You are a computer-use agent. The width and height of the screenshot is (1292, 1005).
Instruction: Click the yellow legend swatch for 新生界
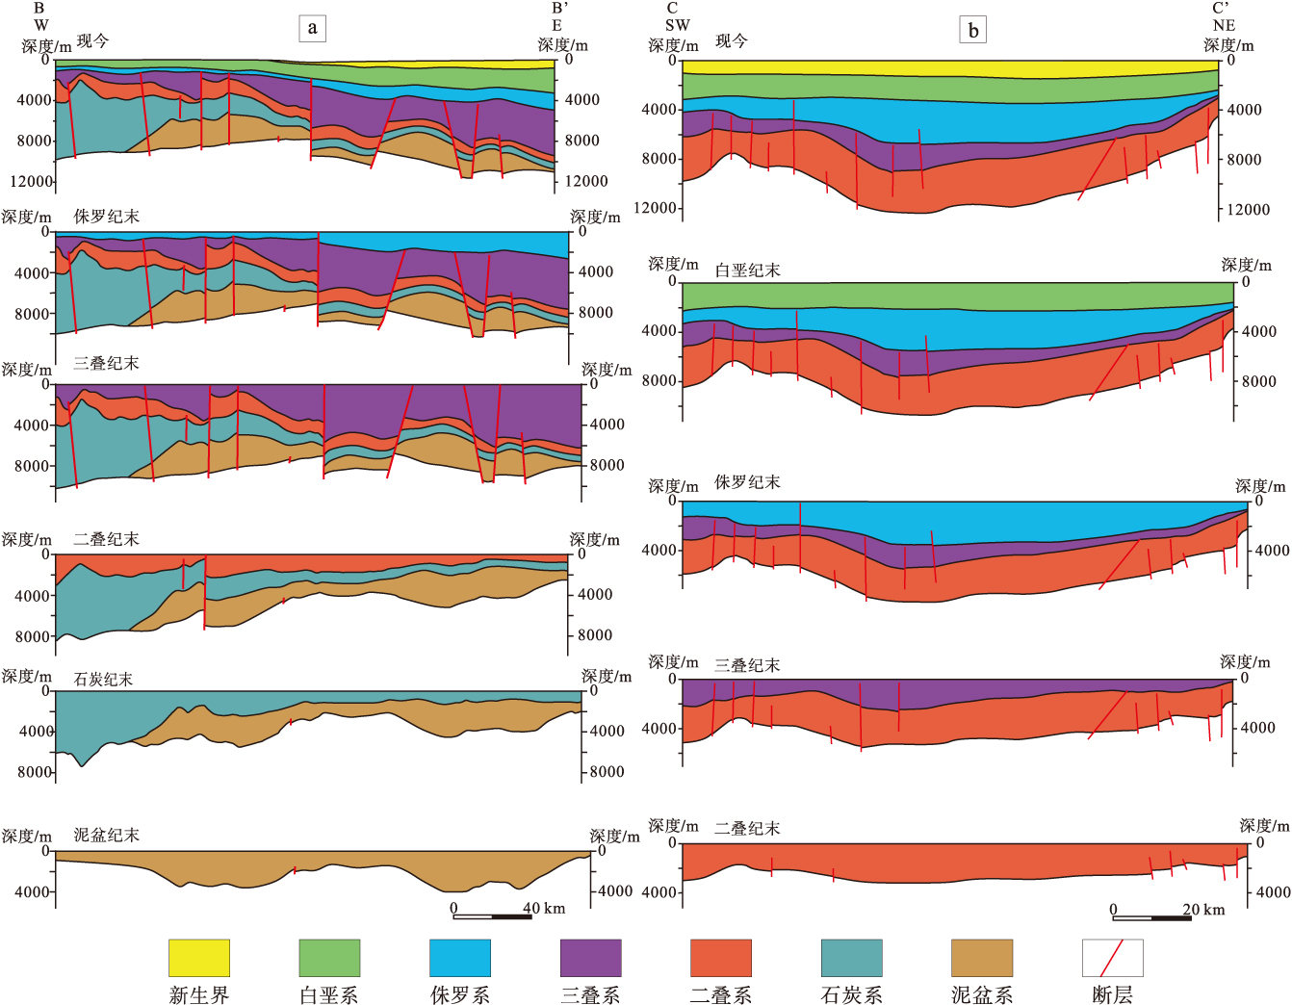point(199,958)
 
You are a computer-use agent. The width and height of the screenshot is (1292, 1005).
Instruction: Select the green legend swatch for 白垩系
point(329,958)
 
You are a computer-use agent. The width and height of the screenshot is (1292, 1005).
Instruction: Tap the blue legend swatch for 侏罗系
point(460,958)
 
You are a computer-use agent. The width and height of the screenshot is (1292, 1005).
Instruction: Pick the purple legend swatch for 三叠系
point(591,958)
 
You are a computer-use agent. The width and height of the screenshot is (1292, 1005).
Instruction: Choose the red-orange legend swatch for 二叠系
point(721,958)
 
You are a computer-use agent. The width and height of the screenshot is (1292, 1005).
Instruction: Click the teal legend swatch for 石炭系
point(852,958)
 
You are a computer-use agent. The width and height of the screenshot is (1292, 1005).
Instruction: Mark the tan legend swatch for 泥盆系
point(982,958)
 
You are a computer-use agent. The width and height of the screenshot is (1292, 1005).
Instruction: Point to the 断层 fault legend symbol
point(1113,958)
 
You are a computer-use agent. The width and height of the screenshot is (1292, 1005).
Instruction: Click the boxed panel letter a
point(312,28)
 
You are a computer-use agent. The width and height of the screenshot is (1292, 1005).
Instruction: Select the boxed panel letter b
point(973,31)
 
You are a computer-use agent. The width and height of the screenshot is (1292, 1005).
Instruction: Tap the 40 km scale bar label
point(544,908)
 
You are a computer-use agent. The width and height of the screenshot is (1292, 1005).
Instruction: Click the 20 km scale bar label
point(1203,909)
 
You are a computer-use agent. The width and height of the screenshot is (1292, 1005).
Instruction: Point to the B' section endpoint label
point(559,9)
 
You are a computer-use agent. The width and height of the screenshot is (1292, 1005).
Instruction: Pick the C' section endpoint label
point(1221,9)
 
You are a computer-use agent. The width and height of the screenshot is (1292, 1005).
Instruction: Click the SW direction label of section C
point(677,25)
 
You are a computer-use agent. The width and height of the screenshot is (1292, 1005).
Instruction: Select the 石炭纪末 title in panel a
point(103,680)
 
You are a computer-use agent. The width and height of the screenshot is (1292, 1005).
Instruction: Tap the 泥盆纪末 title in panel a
point(107,835)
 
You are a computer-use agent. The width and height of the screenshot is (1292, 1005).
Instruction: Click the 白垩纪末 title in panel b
point(747,271)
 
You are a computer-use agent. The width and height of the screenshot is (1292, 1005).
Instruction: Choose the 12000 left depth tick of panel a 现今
point(31,181)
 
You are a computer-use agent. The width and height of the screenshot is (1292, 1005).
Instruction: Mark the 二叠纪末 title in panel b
point(747,828)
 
